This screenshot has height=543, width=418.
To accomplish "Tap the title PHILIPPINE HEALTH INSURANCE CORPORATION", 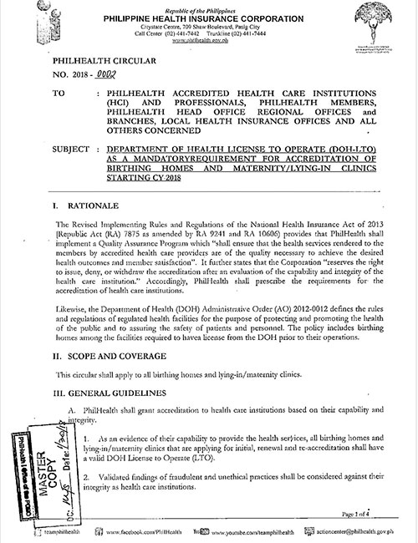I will (x=208, y=16).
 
